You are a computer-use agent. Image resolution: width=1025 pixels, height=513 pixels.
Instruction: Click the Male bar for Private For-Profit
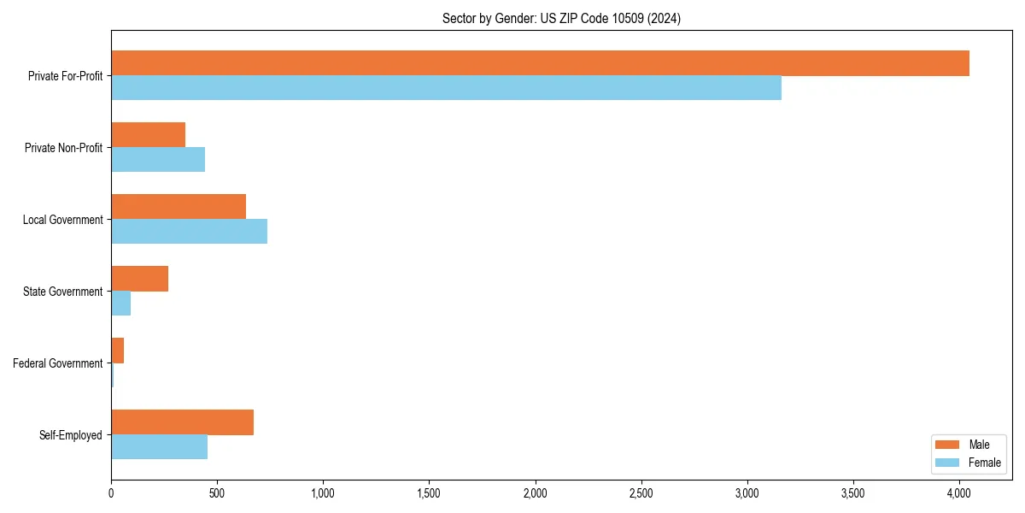tap(540, 63)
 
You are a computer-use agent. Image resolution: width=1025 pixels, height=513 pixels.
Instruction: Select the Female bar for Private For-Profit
tap(446, 88)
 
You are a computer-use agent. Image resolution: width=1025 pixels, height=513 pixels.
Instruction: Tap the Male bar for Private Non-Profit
tap(148, 135)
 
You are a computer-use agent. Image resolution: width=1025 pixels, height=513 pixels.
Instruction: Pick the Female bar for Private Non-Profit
tap(158, 160)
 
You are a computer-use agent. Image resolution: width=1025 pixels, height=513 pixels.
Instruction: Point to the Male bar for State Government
tap(139, 279)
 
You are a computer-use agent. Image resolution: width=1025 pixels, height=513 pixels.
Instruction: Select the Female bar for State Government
tap(120, 304)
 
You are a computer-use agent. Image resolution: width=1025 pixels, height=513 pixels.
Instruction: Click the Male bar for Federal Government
tap(117, 351)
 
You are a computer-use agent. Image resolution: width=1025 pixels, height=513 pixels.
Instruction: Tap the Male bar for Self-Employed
tap(182, 422)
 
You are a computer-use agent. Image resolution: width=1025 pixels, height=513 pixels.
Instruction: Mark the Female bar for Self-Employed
tap(159, 447)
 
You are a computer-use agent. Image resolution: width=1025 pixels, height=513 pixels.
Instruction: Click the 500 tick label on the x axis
tap(217, 493)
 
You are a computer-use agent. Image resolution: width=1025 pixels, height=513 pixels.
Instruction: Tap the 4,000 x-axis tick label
tap(959, 493)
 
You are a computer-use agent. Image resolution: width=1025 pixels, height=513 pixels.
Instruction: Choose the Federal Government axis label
tap(58, 363)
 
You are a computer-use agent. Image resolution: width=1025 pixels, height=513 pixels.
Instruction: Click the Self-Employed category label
tap(71, 435)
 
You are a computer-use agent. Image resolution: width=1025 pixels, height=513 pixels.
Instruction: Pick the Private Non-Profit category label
tap(63, 148)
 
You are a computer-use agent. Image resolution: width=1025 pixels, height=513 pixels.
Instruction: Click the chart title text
tap(561, 18)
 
